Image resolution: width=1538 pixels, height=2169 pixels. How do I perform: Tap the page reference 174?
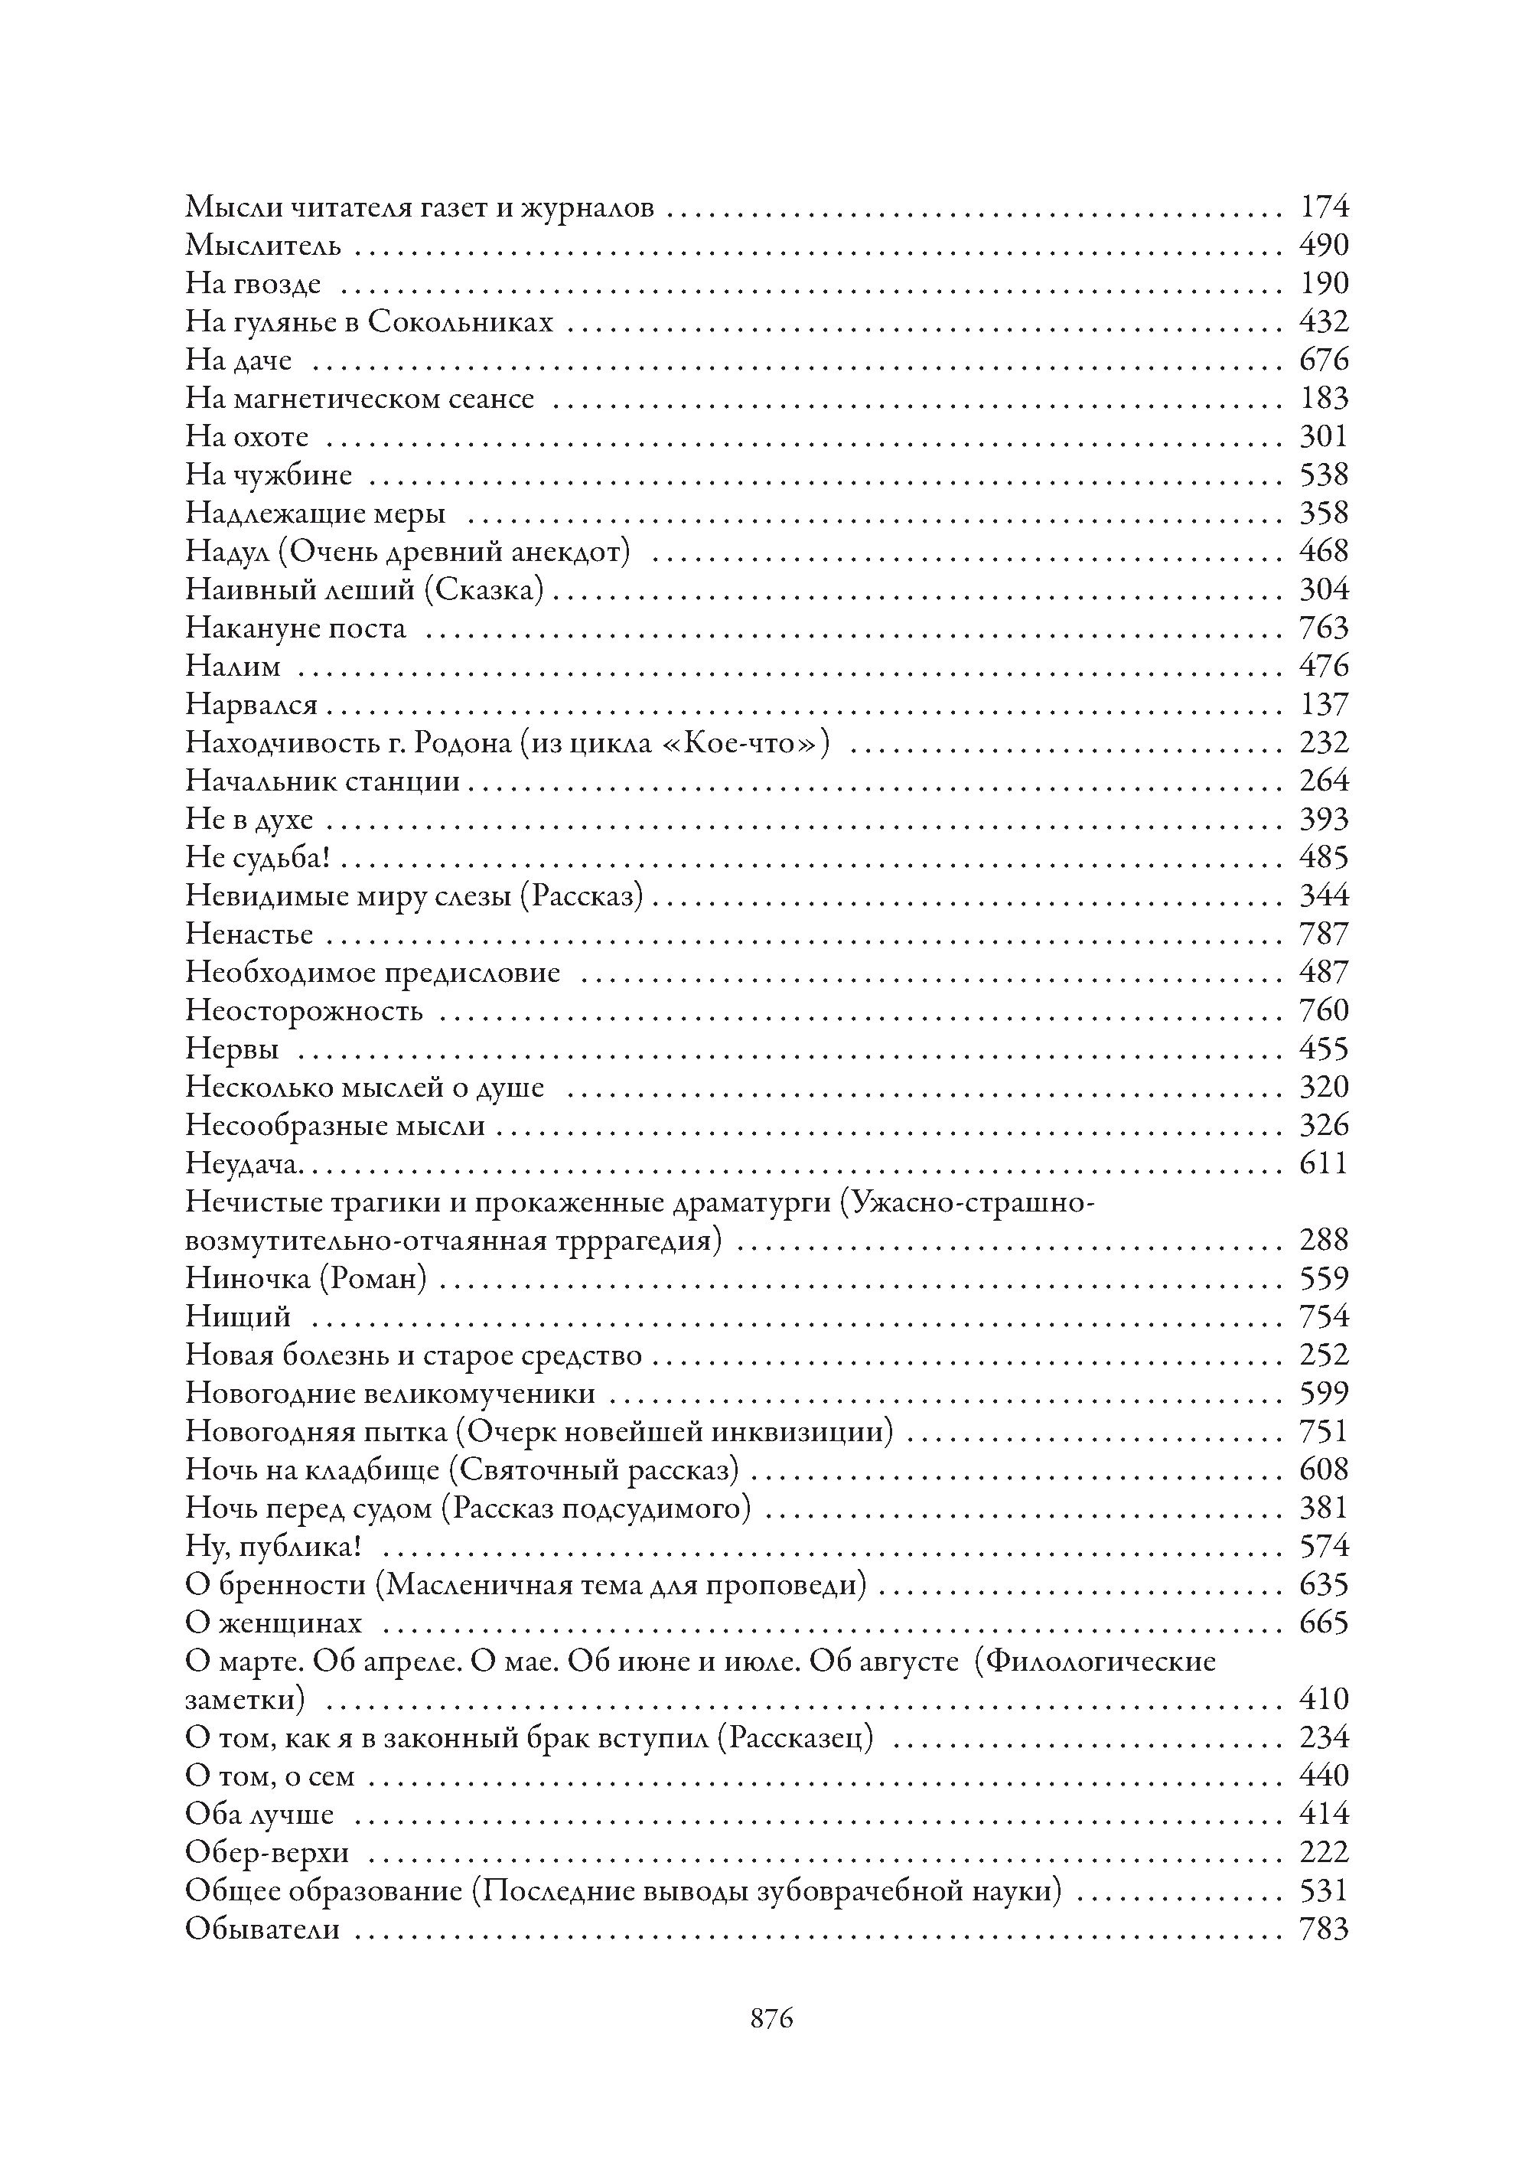1323,207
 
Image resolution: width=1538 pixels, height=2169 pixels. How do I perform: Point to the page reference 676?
1323,360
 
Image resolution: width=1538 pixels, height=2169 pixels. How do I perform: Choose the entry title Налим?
233,667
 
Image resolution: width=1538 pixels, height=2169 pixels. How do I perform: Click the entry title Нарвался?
251,705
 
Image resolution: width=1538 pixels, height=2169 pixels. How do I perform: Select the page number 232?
1323,742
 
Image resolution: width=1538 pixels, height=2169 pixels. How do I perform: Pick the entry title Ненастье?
249,934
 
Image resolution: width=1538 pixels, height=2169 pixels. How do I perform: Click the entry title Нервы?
232,1049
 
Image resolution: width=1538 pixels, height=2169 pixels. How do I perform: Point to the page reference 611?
1323,1163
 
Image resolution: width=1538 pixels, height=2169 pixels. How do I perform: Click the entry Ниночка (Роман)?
306,1279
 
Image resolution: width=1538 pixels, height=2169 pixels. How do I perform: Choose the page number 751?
1323,1431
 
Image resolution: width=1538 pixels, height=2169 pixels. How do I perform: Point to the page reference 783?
1323,1929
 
